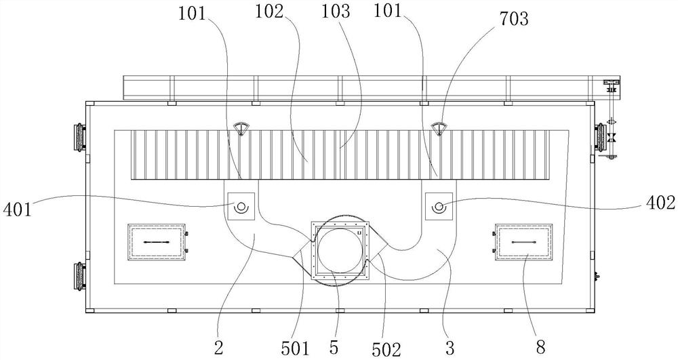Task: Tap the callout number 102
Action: (x=268, y=12)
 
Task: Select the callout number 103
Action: (x=336, y=12)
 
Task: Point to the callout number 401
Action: (x=17, y=209)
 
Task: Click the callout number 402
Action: (x=660, y=202)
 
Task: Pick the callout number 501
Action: (x=296, y=348)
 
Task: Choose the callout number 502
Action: (x=386, y=349)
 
